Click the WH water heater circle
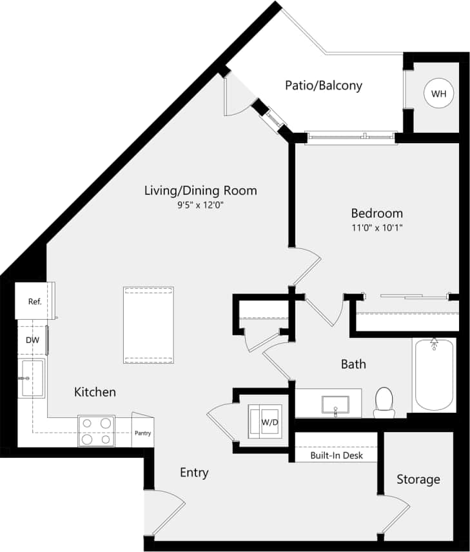click(x=438, y=94)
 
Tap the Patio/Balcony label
click(x=324, y=85)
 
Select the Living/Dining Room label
click(x=200, y=190)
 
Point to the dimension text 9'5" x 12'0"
click(x=200, y=206)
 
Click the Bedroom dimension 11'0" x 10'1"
click(x=377, y=228)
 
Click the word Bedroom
click(x=377, y=213)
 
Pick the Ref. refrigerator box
click(x=35, y=301)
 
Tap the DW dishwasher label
click(x=32, y=340)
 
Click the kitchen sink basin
click(x=31, y=379)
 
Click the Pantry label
click(x=142, y=433)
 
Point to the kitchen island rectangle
click(x=148, y=325)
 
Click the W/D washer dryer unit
click(x=266, y=423)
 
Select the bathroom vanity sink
click(x=335, y=405)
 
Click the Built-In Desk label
click(x=336, y=455)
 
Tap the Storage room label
click(x=418, y=479)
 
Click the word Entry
click(x=193, y=473)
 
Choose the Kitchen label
click(x=95, y=391)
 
